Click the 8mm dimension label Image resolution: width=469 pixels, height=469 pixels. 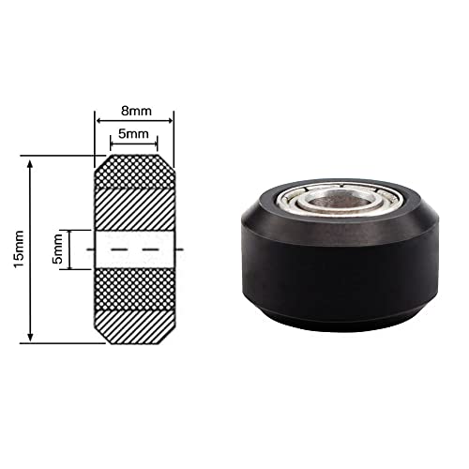point(134,109)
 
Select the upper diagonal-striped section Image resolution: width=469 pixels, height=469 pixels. point(134,206)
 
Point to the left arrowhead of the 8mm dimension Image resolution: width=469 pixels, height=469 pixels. point(98,120)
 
